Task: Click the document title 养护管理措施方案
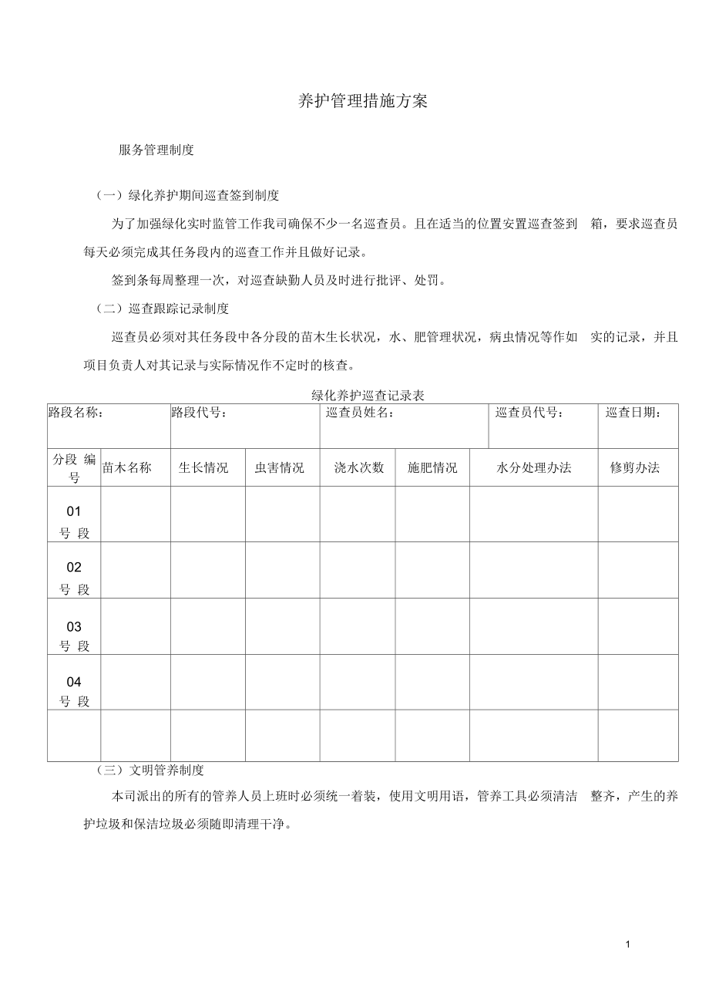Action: coord(362,102)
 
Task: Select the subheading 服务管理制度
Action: coord(156,150)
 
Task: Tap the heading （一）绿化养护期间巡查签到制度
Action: coord(187,195)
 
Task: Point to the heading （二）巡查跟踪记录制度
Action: coord(163,309)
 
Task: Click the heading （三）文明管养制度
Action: coord(150,770)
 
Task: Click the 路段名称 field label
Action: coord(76,413)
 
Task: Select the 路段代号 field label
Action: coord(199,413)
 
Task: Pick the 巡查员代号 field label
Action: coord(529,413)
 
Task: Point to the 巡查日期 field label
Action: coord(633,413)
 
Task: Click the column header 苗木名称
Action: coord(126,467)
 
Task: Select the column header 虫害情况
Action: coord(280,467)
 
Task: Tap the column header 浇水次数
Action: coord(358,467)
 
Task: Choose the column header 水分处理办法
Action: coord(534,467)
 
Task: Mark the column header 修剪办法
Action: coord(635,467)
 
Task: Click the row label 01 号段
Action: coord(74,521)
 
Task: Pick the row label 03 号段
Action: coord(74,636)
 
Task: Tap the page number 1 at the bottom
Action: coord(629,945)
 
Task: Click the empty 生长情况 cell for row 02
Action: coord(207,570)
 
